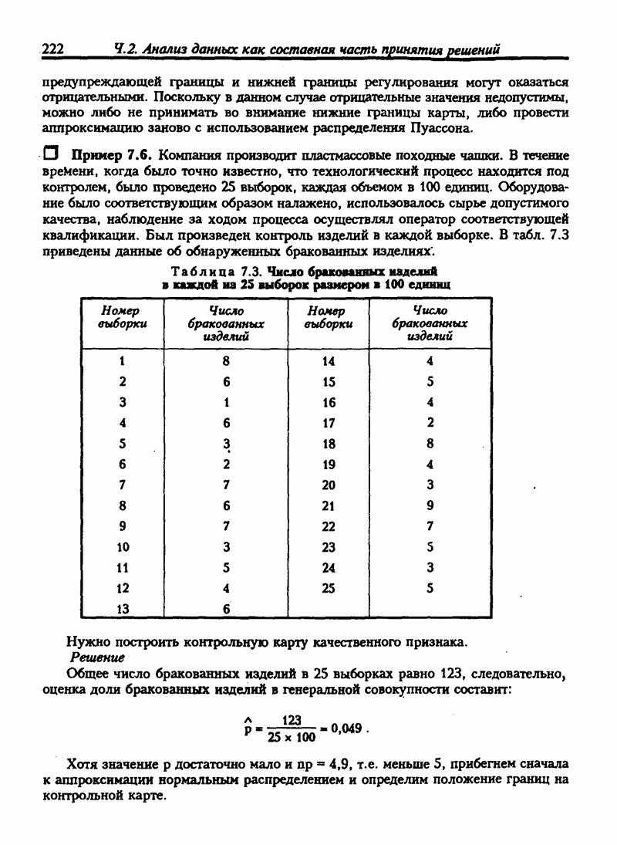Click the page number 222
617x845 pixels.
[x=52, y=49]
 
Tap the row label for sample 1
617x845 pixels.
[x=123, y=360]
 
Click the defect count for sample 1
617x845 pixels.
[x=226, y=360]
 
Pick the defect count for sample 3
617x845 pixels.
[x=226, y=402]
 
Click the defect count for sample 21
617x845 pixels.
[x=430, y=505]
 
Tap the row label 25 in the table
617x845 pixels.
[x=329, y=587]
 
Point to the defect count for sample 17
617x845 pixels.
[x=430, y=422]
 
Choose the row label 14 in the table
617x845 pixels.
[x=329, y=360]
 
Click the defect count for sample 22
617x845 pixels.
[x=430, y=526]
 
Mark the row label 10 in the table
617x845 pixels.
[x=123, y=546]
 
